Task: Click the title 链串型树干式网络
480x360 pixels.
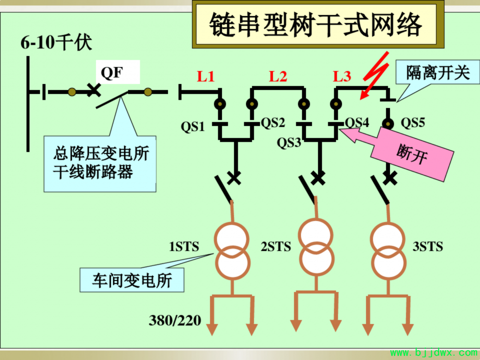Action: (316, 24)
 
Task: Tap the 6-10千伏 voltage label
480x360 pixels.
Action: (56, 42)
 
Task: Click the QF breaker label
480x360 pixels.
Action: (112, 73)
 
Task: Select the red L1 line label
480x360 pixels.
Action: (206, 76)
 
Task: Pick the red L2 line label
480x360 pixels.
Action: (278, 76)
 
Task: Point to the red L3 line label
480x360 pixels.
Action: (342, 76)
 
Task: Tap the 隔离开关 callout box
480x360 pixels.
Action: (438, 73)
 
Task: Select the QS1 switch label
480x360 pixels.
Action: (192, 126)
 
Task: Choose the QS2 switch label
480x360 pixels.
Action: (273, 123)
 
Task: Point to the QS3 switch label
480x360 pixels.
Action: (289, 143)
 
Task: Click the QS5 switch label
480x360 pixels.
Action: (413, 123)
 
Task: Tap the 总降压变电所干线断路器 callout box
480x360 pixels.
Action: (100, 164)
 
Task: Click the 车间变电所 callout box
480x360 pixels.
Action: (132, 280)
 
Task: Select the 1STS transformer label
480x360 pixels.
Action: (184, 246)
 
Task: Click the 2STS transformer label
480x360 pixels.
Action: (276, 246)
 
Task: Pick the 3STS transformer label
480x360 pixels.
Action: (428, 246)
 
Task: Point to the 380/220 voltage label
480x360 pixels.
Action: (175, 320)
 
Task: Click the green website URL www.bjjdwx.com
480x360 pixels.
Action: (434, 353)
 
